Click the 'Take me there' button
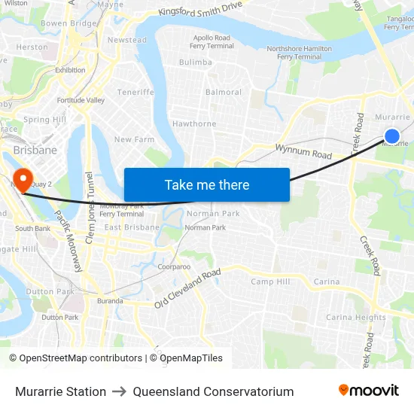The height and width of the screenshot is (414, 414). pyautogui.click(x=207, y=184)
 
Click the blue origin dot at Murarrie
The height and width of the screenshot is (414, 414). pyautogui.click(x=391, y=135)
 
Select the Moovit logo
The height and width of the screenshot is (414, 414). pyautogui.click(x=368, y=391)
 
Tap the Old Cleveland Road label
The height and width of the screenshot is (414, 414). pyautogui.click(x=187, y=288)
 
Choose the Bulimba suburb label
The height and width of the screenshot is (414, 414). pyautogui.click(x=196, y=62)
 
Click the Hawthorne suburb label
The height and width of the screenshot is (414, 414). pyautogui.click(x=194, y=123)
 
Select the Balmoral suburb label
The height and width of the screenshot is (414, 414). pyautogui.click(x=224, y=93)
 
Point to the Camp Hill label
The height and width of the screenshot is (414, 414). pyautogui.click(x=270, y=282)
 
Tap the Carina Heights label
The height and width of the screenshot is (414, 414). pyautogui.click(x=355, y=317)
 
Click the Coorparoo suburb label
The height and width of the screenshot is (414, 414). pyautogui.click(x=174, y=267)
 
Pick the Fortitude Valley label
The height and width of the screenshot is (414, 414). pyautogui.click(x=81, y=100)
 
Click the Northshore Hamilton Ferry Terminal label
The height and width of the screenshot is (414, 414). pyautogui.click(x=299, y=53)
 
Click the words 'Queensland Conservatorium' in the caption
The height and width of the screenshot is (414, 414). pyautogui.click(x=213, y=391)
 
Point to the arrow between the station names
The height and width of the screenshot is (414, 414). pyautogui.click(x=120, y=391)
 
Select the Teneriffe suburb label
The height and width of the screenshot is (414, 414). pyautogui.click(x=135, y=93)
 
